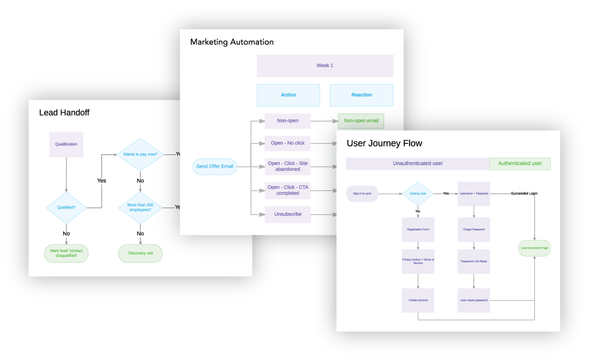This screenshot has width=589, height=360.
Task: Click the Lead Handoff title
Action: [x=64, y=113]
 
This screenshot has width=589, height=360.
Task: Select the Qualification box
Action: [x=66, y=144]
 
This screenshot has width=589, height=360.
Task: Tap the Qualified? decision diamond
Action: [x=66, y=207]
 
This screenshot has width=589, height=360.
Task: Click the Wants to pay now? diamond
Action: [x=140, y=154]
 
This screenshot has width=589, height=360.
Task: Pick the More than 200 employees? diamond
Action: [x=140, y=207]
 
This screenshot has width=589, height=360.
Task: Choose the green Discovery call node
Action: [x=140, y=253]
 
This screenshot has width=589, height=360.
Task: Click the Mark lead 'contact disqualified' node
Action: [x=66, y=253]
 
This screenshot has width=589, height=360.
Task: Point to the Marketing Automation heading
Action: [x=231, y=42]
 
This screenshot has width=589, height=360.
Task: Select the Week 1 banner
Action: [x=325, y=66]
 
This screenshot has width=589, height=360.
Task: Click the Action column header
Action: [x=288, y=95]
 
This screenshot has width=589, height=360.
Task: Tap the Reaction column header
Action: [x=361, y=95]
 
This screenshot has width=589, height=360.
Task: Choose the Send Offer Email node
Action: [x=215, y=167]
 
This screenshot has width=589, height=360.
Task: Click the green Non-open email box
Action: [x=361, y=121]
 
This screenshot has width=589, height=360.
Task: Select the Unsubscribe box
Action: [x=287, y=214]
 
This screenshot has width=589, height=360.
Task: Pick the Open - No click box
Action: [x=287, y=143]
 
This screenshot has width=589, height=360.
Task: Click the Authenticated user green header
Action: [x=520, y=164]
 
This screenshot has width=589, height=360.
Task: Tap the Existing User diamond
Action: [x=418, y=194]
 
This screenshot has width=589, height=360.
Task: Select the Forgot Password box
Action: [x=474, y=229]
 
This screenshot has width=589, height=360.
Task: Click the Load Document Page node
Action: [x=534, y=248]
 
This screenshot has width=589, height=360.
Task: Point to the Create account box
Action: [x=418, y=301]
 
